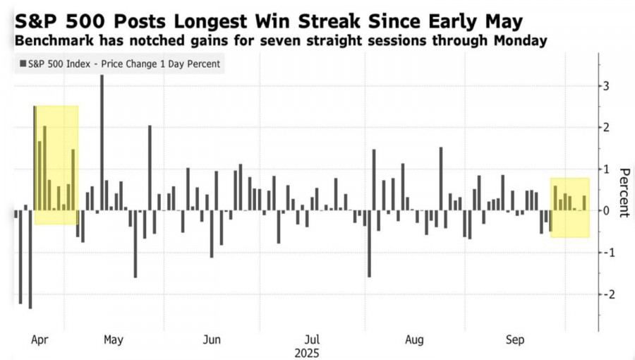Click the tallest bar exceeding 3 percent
102,141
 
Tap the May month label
113,340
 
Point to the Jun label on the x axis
212,340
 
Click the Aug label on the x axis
414,340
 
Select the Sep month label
515,340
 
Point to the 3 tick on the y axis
605,86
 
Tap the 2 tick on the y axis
605,128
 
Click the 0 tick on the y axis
605,211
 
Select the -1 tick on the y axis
603,253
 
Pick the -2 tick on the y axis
603,294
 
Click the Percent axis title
624,193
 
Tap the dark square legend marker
23,64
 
